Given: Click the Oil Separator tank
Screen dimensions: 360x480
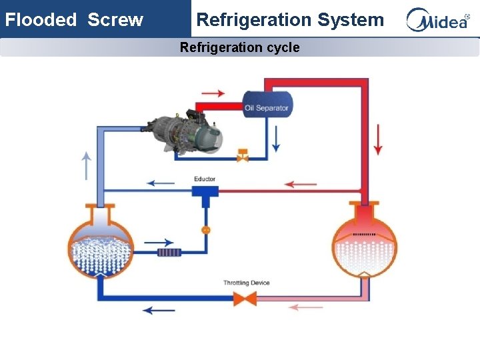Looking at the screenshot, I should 267,106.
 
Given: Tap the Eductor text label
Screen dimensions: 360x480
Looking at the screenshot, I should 205,179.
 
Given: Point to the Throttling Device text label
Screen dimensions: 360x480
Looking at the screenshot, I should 246,283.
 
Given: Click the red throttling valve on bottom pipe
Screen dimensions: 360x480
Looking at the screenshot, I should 247,298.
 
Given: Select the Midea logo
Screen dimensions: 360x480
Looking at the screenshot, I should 438,20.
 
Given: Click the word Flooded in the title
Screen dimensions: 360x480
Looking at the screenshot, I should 41,20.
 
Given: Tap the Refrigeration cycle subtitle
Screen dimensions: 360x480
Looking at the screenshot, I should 239,47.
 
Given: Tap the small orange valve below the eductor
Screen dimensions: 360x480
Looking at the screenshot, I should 205,230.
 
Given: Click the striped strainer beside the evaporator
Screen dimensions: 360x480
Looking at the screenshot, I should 169,253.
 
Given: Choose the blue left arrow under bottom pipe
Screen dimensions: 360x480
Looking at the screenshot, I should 159,310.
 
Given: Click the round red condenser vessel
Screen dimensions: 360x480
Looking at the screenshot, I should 364,243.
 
